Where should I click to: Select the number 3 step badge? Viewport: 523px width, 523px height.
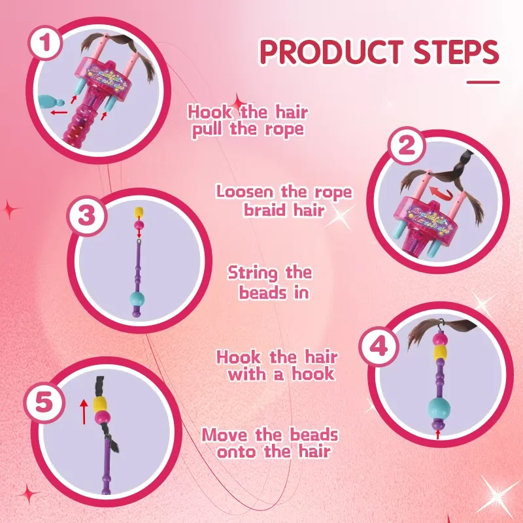[x=86, y=216]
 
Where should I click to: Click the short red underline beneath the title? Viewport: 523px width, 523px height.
[x=483, y=82]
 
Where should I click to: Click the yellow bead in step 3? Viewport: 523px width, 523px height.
[x=138, y=212]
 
